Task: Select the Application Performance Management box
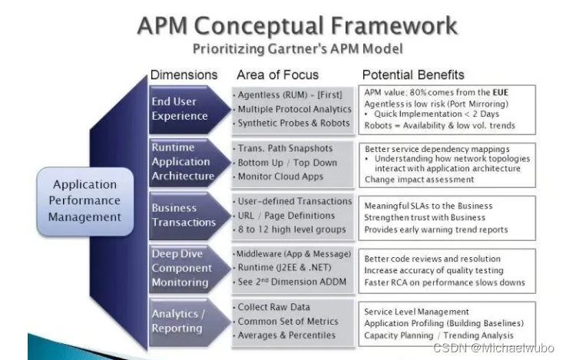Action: pyautogui.click(x=85, y=200)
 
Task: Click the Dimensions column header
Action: pyautogui.click(x=184, y=75)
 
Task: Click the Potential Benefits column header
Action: pyautogui.click(x=412, y=75)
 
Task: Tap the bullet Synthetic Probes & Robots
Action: pyautogui.click(x=293, y=123)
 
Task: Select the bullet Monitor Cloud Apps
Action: pyautogui.click(x=282, y=176)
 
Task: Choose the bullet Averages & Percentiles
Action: pyautogui.click(x=286, y=335)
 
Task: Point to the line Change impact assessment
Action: pyautogui.click(x=419, y=180)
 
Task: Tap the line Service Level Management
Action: pyautogui.click(x=416, y=312)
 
